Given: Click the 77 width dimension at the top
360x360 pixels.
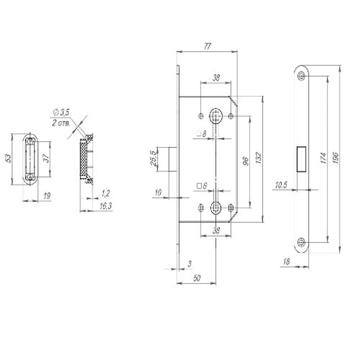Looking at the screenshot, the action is [x=207, y=46].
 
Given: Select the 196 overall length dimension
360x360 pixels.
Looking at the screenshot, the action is [x=336, y=158].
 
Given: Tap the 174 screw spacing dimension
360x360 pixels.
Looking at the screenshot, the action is [x=323, y=158].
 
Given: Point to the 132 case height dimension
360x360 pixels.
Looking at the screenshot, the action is [x=258, y=158].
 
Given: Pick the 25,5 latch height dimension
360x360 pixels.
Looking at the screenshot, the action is [x=153, y=158].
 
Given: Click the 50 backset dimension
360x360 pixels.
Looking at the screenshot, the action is [x=197, y=278].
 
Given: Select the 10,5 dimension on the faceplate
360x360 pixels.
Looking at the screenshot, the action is [x=281, y=185].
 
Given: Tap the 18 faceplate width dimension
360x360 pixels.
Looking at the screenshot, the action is [x=286, y=261].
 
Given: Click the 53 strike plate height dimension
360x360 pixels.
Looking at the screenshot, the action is [x=8, y=158].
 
